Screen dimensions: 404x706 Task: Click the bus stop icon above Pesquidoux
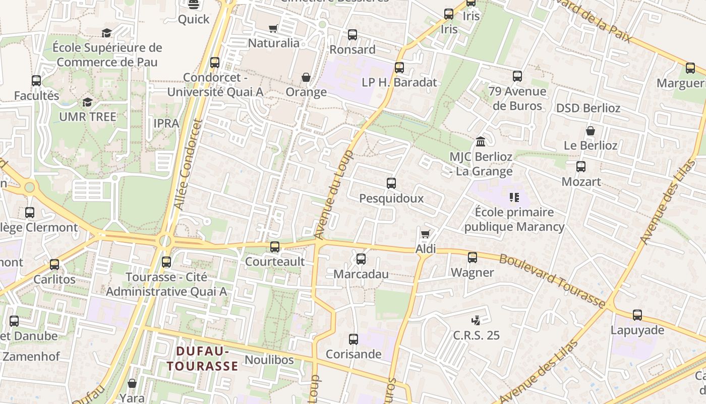pos(391,183)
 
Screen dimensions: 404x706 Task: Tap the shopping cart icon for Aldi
pos(425,234)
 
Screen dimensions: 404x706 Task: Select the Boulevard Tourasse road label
pos(552,281)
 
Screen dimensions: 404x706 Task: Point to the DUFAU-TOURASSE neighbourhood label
pos(203,358)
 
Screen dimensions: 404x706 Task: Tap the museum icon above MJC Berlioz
pos(481,141)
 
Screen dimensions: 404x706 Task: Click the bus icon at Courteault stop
pos(275,246)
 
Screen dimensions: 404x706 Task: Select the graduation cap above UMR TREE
pos(88,102)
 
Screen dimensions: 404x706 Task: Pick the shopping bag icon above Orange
pos(306,77)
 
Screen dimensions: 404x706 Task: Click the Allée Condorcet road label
pos(188,165)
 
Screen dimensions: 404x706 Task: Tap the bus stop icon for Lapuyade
pos(637,315)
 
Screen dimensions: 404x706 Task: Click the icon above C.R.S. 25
pos(476,320)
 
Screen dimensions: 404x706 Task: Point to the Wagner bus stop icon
pos(473,258)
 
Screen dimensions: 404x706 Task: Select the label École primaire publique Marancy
pos(514,219)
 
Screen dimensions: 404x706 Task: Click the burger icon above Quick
pos(194,5)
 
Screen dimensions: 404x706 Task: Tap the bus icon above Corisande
pos(354,339)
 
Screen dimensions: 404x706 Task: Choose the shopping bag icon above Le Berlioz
pos(591,131)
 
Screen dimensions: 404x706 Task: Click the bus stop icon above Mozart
pos(581,166)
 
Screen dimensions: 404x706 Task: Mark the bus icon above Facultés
pos(36,81)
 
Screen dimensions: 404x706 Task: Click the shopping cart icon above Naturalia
pos(273,28)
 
